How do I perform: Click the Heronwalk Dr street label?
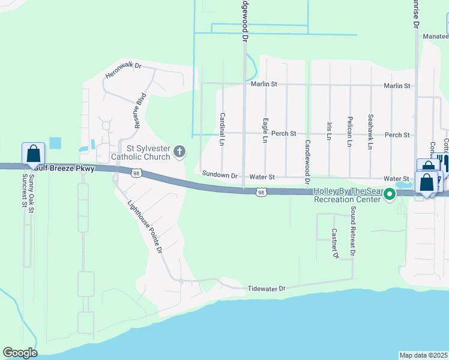tap(122, 70)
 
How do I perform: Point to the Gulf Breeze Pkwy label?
tap(68, 169)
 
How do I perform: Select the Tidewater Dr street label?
tap(266, 289)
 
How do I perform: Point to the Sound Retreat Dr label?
tap(353, 232)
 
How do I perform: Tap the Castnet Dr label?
tap(335, 244)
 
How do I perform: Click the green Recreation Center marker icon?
tap(389, 194)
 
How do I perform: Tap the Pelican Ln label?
tap(349, 131)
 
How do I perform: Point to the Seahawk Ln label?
tap(370, 131)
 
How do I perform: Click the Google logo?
tap(20, 353)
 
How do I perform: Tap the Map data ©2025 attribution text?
tap(423, 355)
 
